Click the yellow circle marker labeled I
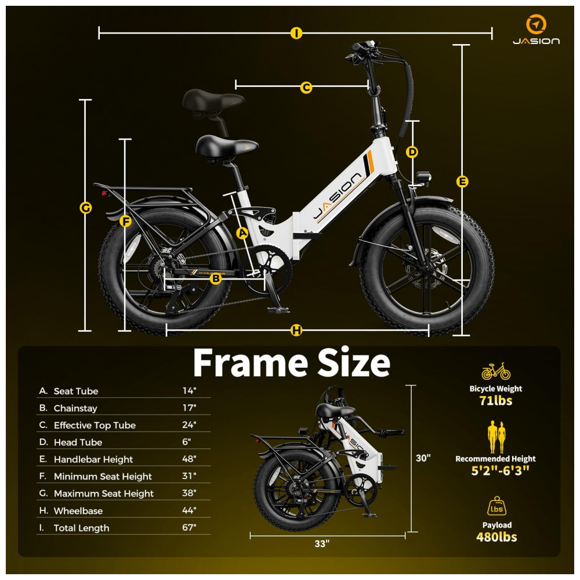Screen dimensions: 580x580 pos(296,33)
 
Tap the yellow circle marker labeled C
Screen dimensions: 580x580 pos(306,88)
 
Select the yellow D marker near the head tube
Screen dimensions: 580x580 pos(412,152)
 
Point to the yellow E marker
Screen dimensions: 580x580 pos(462,182)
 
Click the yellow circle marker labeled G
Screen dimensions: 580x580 pos(85,208)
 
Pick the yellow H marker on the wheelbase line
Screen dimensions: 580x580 pos(296,330)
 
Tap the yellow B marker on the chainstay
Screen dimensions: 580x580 pos(215,278)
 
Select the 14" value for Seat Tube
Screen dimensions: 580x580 pos(189,390)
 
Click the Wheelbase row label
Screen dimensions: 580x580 pos(78,511)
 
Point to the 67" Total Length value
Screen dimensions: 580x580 pos(189,527)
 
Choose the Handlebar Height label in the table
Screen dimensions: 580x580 pos(93,459)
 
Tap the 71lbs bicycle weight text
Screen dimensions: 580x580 pos(496,401)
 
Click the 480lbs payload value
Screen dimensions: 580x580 pos(496,537)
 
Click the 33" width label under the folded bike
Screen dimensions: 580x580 pos(322,544)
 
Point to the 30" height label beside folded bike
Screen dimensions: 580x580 pos(423,458)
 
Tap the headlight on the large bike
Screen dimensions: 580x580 pos(423,176)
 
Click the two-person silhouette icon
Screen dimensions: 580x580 pos(496,437)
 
